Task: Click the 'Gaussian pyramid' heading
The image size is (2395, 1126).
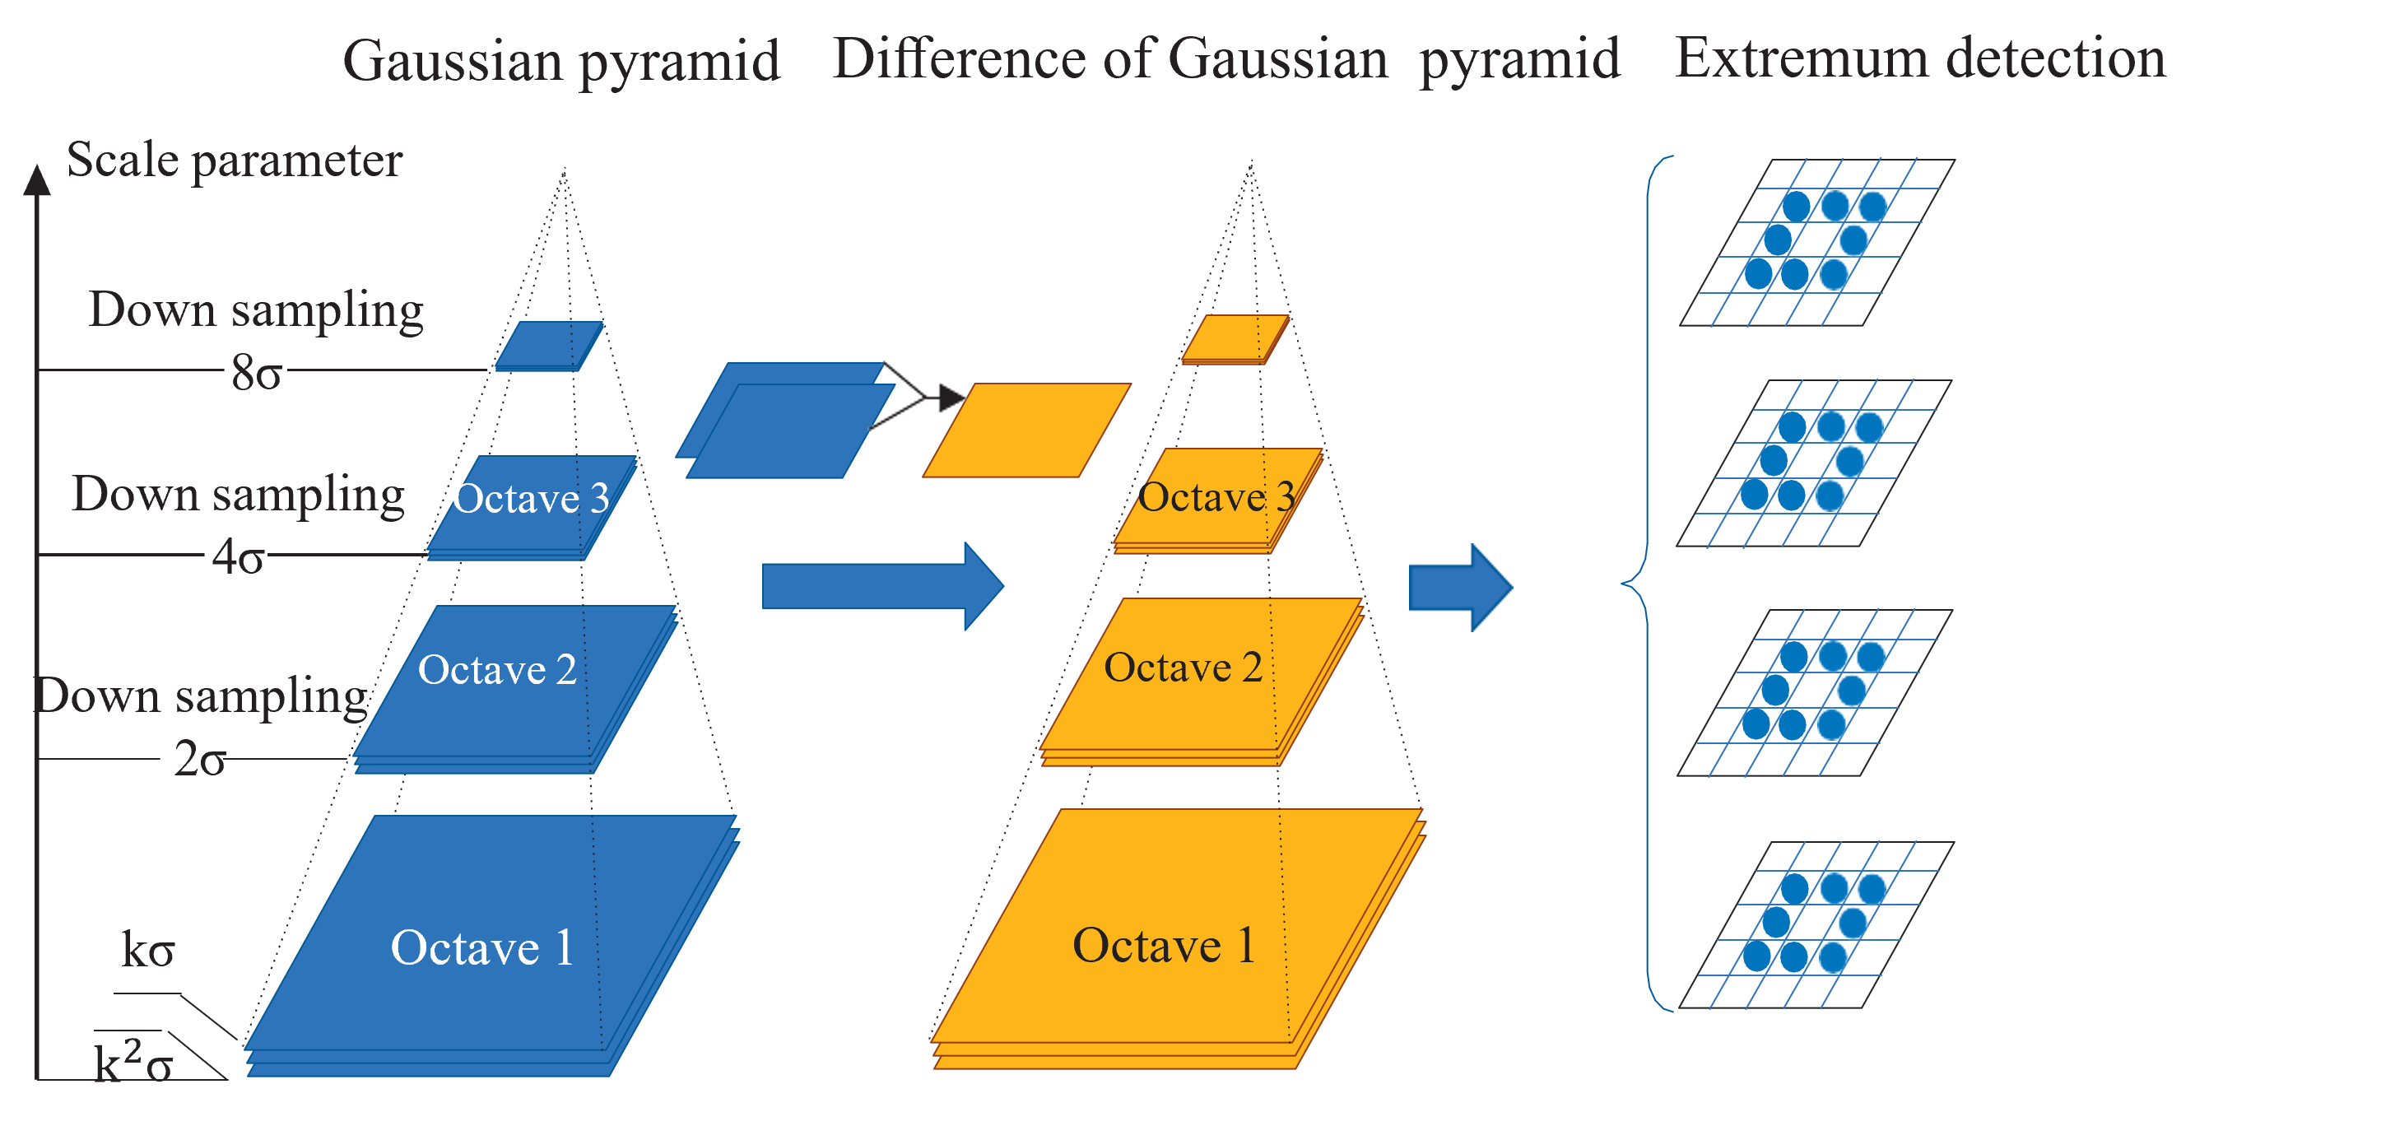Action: [560, 62]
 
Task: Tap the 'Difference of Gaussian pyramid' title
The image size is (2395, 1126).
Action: [1225, 59]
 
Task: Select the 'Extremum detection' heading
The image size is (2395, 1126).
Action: [1919, 58]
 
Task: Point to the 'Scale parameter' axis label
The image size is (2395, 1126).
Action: [235, 160]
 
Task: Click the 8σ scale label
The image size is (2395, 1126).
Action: [257, 373]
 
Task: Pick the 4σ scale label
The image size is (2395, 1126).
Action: [238, 558]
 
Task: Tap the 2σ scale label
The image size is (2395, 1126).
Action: [200, 760]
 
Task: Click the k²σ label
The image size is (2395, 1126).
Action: [133, 1063]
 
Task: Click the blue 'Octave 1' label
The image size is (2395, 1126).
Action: [481, 948]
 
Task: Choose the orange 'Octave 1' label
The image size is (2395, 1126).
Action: [1164, 946]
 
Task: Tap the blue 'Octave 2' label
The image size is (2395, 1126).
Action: [497, 670]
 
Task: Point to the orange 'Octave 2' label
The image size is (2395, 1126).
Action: [1183, 668]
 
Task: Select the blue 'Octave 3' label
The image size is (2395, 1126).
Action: [531, 498]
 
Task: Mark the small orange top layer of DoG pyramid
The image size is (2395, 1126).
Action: [1235, 338]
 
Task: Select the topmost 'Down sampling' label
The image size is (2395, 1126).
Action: [256, 309]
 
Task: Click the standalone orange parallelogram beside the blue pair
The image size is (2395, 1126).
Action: [1026, 430]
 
